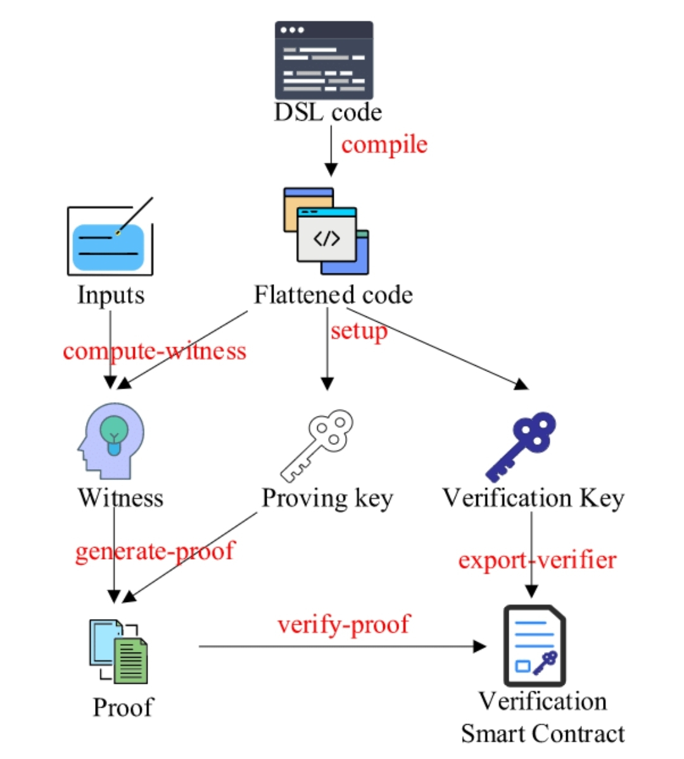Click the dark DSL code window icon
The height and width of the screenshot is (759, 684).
click(324, 60)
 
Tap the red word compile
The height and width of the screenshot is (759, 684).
click(384, 145)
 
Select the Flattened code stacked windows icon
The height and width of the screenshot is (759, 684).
click(326, 231)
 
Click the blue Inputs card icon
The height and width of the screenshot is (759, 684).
click(110, 237)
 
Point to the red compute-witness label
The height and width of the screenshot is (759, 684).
click(155, 351)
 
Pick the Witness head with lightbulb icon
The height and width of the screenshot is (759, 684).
click(111, 441)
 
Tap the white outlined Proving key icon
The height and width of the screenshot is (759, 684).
click(317, 445)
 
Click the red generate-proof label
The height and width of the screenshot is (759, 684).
click(155, 551)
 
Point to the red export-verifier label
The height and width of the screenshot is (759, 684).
click(537, 560)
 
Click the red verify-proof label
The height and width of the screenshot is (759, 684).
click(343, 624)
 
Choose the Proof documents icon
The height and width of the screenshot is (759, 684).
click(118, 651)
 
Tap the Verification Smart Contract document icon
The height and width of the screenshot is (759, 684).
click(535, 645)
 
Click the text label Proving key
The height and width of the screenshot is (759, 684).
click(327, 498)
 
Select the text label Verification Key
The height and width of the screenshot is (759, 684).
click(533, 498)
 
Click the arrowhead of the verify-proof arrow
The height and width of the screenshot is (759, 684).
click(479, 646)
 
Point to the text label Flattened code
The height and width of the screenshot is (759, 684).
click(334, 295)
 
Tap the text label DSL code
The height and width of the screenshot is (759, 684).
click(328, 112)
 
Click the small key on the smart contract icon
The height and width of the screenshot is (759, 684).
click(545, 663)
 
